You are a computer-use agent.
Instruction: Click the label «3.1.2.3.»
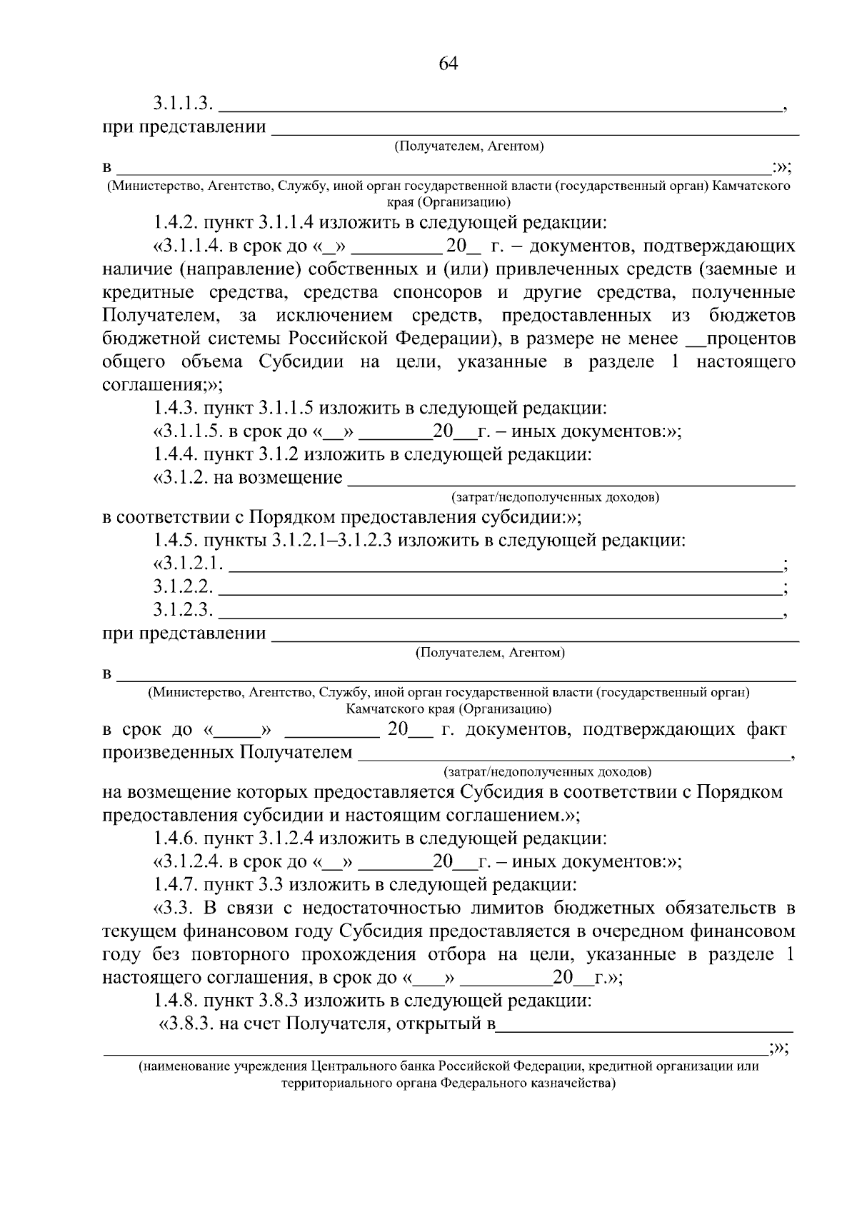[184, 610]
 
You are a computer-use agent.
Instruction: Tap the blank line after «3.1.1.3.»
[500, 110]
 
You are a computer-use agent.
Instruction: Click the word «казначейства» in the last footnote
[575, 1083]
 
